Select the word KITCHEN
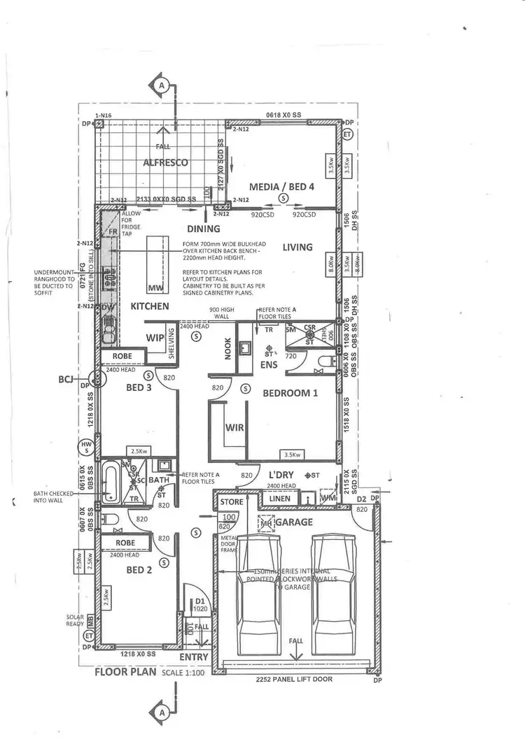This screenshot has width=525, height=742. point(150,306)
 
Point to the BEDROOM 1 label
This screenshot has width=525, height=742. point(290,393)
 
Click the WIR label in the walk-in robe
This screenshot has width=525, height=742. point(234,427)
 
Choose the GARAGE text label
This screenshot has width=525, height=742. point(294,522)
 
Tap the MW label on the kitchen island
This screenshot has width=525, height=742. point(155,287)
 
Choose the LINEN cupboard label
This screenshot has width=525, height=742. point(279,499)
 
